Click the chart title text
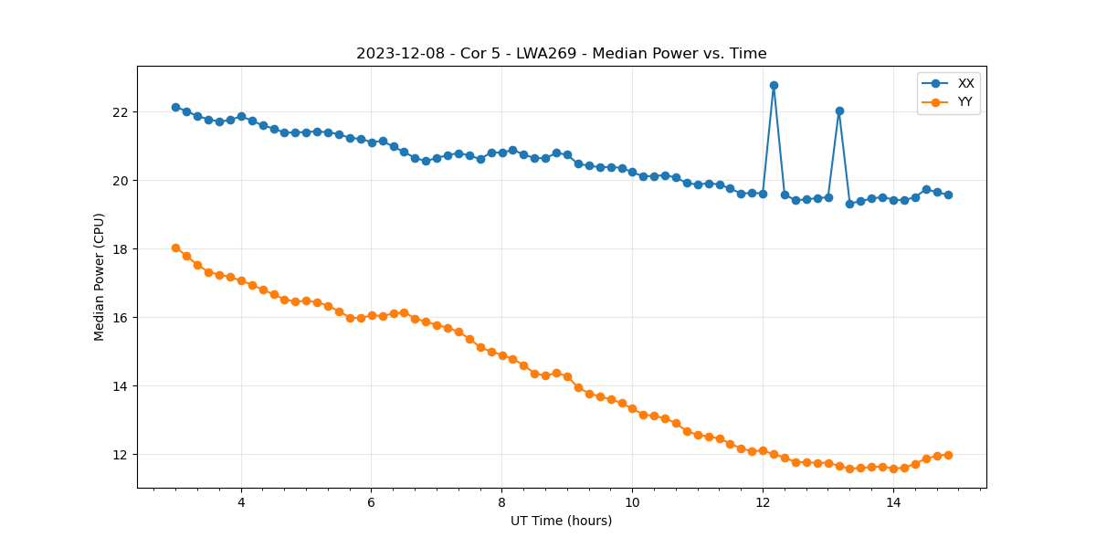pyautogui.click(x=561, y=53)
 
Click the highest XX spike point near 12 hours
pyautogui.click(x=774, y=85)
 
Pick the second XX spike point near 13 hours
pyautogui.click(x=839, y=111)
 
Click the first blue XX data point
pyautogui.click(x=175, y=107)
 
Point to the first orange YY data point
pyautogui.click(x=175, y=248)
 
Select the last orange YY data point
pyautogui.click(x=948, y=455)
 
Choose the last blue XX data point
pyautogui.click(x=948, y=195)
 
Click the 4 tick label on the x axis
pyautogui.click(x=241, y=502)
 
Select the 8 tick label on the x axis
pyautogui.click(x=501, y=502)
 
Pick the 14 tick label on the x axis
pyautogui.click(x=893, y=502)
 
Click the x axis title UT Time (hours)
pyautogui.click(x=561, y=521)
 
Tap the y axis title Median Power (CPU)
pyautogui.click(x=100, y=277)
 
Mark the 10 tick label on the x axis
pyautogui.click(x=632, y=502)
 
